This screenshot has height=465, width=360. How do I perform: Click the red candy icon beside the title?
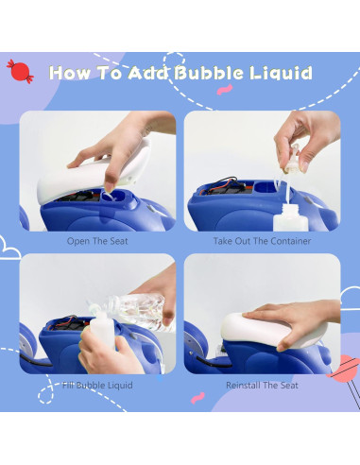[x=20, y=71]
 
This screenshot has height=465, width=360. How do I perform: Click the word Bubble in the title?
[x=209, y=73]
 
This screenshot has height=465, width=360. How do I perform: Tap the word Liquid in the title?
[x=281, y=73]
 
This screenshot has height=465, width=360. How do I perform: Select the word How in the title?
[x=70, y=73]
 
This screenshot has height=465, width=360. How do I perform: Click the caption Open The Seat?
[x=97, y=241]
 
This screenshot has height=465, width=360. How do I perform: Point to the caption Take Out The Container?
[x=262, y=241]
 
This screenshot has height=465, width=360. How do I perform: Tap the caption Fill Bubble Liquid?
[x=97, y=385]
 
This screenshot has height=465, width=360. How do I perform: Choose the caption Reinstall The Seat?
[x=262, y=385]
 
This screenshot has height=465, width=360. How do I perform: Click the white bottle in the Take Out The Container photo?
[x=290, y=217]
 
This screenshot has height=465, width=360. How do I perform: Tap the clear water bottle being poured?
[x=139, y=310]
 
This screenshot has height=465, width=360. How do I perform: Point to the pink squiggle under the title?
[x=225, y=90]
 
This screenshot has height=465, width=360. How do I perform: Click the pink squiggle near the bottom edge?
[x=197, y=398]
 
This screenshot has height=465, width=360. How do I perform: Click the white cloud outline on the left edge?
[x=9, y=249]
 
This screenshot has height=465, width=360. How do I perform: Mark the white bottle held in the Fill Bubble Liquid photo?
[x=102, y=331]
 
